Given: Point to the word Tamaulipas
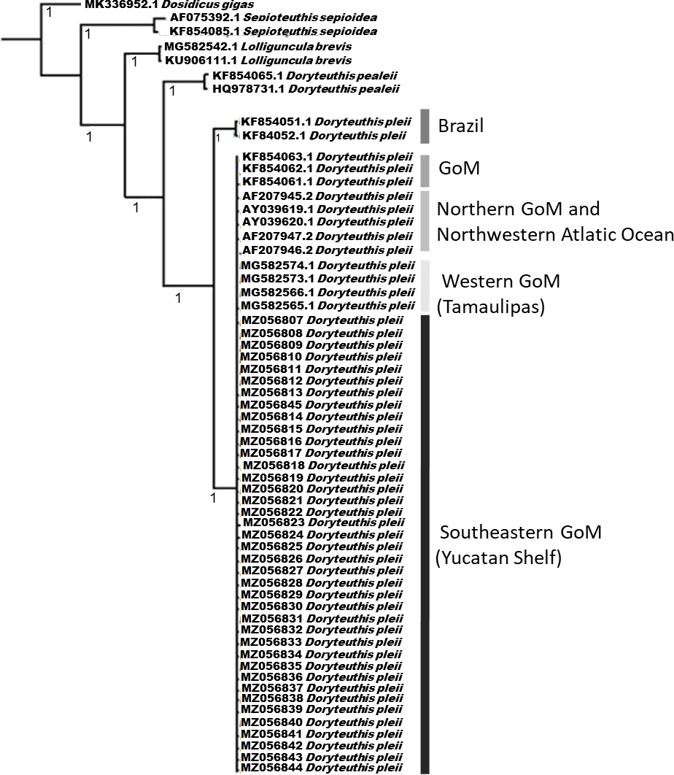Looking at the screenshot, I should click(x=490, y=307).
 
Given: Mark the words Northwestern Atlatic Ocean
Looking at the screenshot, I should click(x=554, y=234).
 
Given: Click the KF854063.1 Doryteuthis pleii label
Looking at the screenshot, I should click(x=326, y=155).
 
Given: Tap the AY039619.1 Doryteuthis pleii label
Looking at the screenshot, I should click(x=326, y=209).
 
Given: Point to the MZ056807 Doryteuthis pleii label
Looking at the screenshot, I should click(x=320, y=321).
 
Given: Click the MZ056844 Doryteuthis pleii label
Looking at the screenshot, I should click(x=320, y=768).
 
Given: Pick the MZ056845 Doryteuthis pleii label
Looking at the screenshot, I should click(x=320, y=404).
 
